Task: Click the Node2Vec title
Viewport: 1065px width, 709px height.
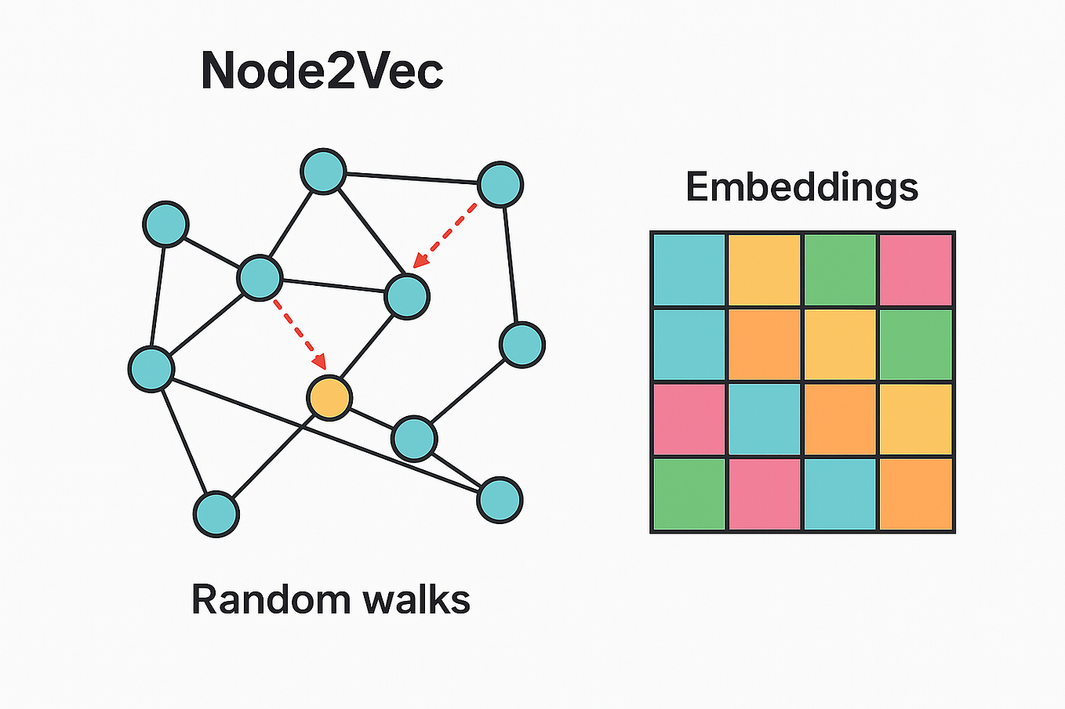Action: click(322, 71)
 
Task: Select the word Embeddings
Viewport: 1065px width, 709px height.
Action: click(801, 188)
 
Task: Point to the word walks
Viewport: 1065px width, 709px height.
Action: click(416, 599)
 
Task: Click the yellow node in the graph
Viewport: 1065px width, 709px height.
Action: click(329, 398)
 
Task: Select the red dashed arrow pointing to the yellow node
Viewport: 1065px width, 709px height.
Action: click(299, 334)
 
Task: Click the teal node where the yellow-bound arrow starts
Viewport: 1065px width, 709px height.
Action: click(260, 277)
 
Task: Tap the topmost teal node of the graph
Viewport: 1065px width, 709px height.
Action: click(323, 171)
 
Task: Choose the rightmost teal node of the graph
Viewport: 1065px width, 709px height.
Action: click(522, 345)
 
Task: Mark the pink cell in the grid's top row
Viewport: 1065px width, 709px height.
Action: click(916, 269)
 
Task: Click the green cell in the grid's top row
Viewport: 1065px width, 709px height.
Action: click(841, 269)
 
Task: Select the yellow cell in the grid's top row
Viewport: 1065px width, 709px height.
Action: click(765, 269)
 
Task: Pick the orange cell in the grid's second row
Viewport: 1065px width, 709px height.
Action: click(765, 345)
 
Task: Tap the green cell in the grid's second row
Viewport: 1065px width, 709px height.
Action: click(916, 345)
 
